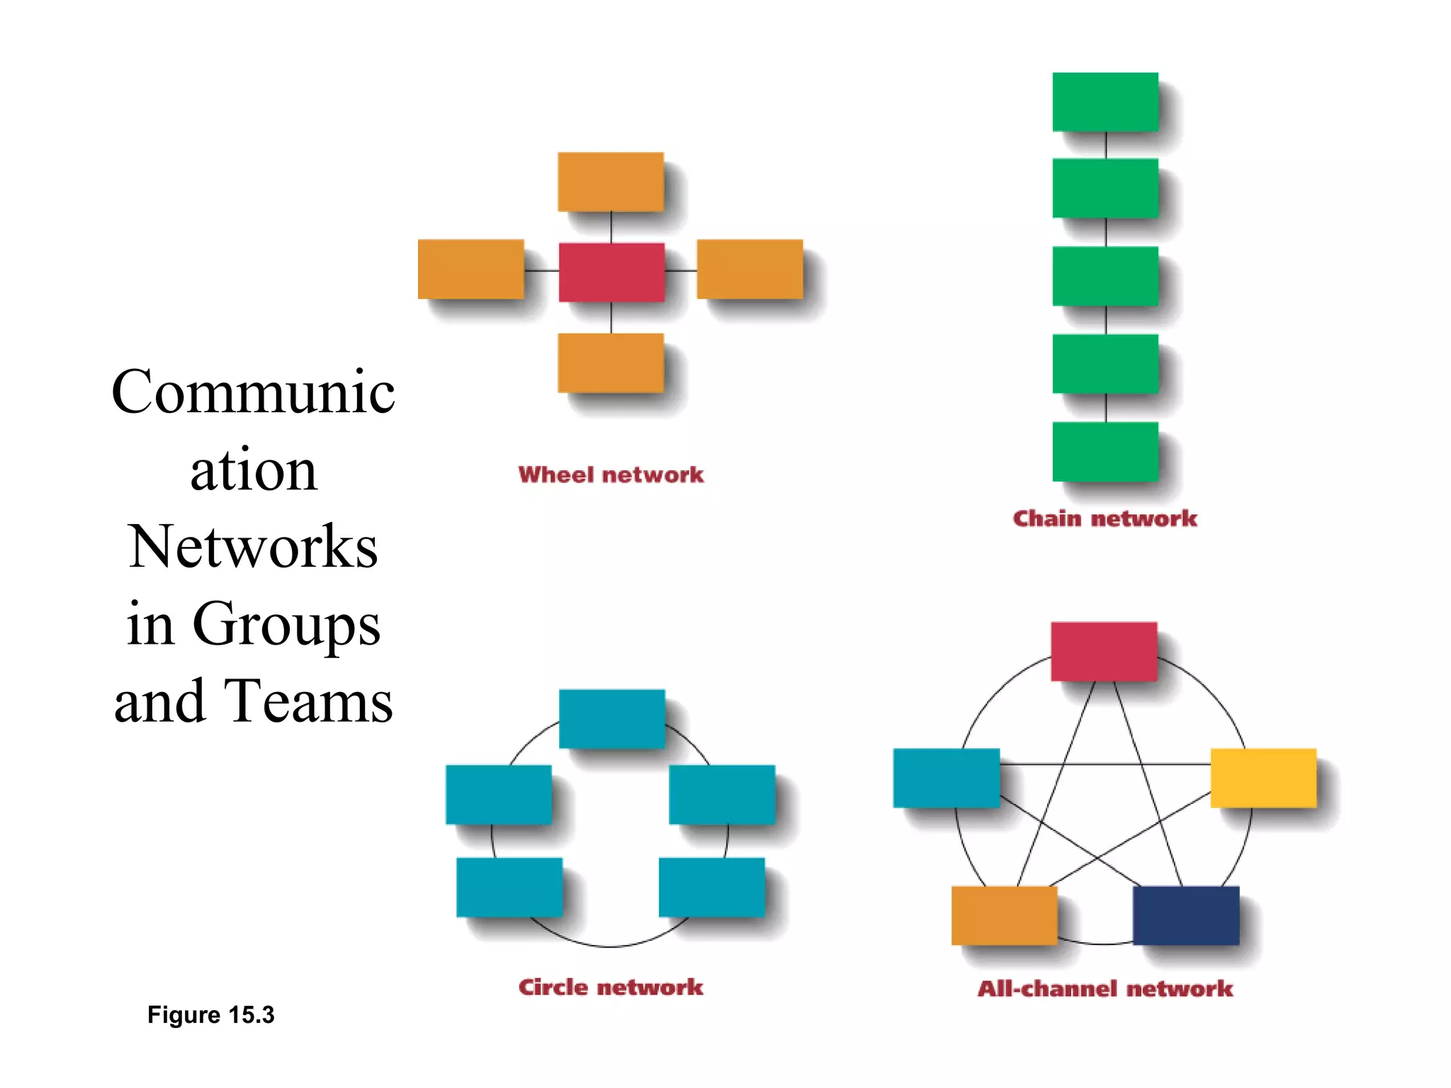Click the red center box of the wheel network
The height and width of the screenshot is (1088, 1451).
611,272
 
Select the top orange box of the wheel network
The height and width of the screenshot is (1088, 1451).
611,182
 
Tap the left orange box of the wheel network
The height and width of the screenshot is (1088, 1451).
470,269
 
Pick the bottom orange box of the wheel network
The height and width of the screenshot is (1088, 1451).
611,363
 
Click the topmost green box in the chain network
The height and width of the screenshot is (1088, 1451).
1105,102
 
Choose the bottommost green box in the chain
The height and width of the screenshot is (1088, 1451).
1105,451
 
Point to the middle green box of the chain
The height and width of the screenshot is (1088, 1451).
1105,276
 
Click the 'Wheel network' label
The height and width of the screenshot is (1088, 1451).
611,475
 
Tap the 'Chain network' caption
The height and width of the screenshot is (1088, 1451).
1105,518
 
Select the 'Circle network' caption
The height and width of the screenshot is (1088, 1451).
611,987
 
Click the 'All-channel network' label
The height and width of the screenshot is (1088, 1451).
1105,989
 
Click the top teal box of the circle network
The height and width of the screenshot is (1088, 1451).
612,718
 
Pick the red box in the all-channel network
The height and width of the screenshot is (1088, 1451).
1104,651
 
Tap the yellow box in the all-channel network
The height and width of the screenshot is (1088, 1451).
1263,778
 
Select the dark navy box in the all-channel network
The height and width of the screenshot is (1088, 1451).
1186,915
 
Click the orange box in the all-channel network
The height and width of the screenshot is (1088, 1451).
1004,915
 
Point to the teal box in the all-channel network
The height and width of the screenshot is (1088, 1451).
947,778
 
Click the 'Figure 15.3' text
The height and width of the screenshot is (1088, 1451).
210,1015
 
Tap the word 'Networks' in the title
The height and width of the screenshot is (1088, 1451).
253,547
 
